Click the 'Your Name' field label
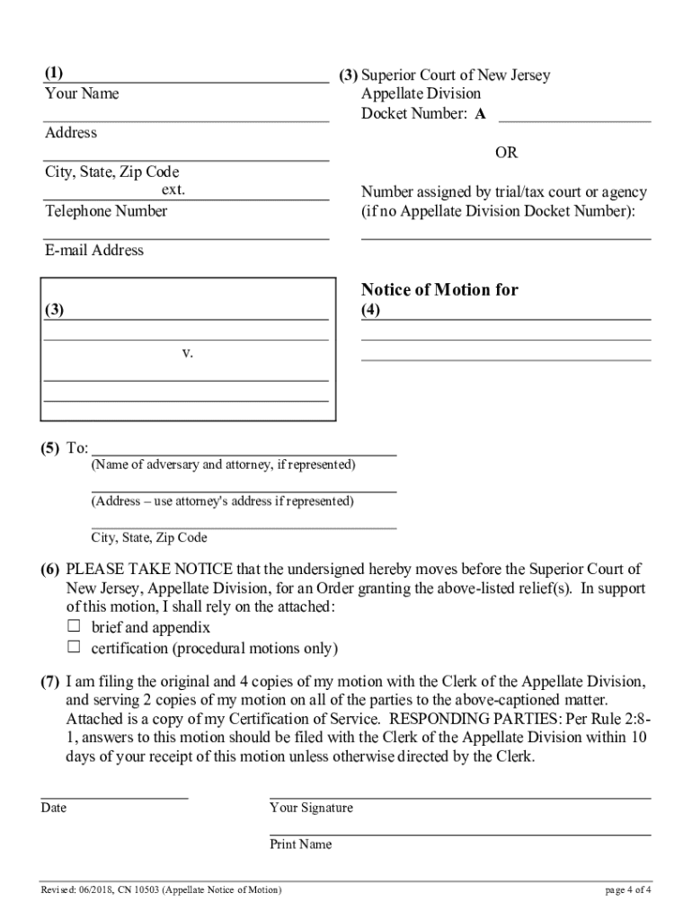click(x=82, y=94)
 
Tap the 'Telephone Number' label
click(x=106, y=211)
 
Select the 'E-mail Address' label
click(x=94, y=251)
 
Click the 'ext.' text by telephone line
click(x=173, y=190)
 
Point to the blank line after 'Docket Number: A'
click(x=574, y=114)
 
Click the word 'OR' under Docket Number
click(x=507, y=153)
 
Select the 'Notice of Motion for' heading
click(x=439, y=289)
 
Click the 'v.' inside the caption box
click(x=188, y=353)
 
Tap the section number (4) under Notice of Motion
click(x=370, y=311)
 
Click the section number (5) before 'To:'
click(x=49, y=447)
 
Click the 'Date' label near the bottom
click(x=53, y=808)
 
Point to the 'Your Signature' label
click(x=311, y=808)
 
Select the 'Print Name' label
click(x=300, y=845)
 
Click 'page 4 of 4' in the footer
click(x=628, y=890)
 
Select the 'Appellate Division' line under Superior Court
click(x=421, y=94)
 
